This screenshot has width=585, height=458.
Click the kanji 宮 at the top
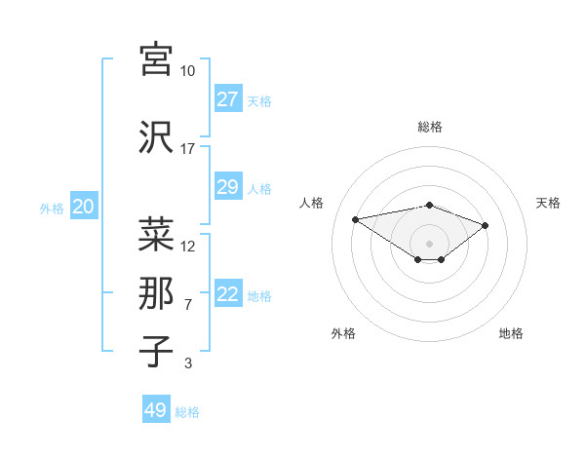tap(156, 58)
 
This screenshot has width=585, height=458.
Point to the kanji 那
tap(156, 292)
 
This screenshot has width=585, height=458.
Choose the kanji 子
tap(156, 351)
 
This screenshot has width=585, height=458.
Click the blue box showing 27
tap(227, 99)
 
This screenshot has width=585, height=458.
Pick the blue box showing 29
tap(227, 187)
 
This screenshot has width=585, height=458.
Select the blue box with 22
tap(227, 294)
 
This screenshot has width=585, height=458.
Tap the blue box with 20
tap(84, 207)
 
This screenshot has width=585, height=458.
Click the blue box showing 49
tap(156, 410)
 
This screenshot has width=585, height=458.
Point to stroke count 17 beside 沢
tap(188, 149)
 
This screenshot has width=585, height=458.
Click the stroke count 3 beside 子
tap(188, 363)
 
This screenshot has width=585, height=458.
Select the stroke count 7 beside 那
tap(188, 305)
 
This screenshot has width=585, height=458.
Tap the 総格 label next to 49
tap(187, 412)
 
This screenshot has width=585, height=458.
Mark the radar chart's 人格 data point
tap(356, 218)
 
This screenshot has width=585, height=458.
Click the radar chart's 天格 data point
tap(485, 225)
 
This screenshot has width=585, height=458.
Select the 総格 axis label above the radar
tap(429, 127)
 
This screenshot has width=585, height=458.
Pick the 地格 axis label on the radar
tap(511, 333)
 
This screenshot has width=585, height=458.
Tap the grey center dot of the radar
tap(429, 243)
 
